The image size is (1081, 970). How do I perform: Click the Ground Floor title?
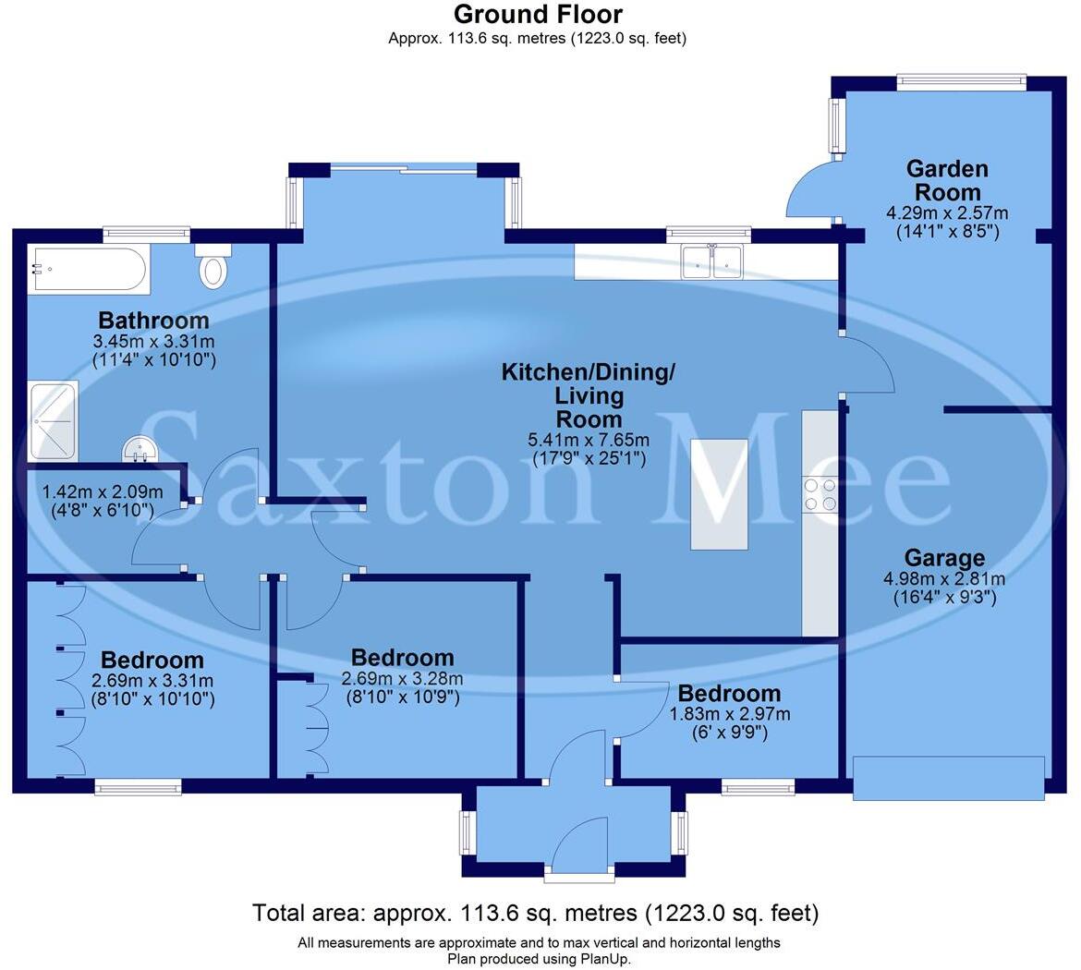(538, 15)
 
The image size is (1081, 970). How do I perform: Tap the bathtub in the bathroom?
(87, 269)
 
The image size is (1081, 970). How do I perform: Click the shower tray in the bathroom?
(53, 421)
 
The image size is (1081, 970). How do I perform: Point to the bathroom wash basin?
(140, 450)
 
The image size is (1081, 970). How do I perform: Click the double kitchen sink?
(711, 261)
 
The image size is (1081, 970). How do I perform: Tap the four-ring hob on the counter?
(820, 494)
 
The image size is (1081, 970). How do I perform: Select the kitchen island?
(719, 494)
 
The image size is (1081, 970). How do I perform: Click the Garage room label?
(944, 558)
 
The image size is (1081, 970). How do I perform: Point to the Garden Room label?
(947, 180)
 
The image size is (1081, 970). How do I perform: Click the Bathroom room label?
(154, 321)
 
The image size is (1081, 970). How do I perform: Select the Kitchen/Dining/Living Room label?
(589, 395)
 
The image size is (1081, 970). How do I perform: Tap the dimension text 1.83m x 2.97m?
(730, 714)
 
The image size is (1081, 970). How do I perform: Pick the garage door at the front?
(949, 778)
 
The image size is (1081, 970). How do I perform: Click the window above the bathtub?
(146, 233)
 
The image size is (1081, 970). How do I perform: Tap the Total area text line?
(536, 914)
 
